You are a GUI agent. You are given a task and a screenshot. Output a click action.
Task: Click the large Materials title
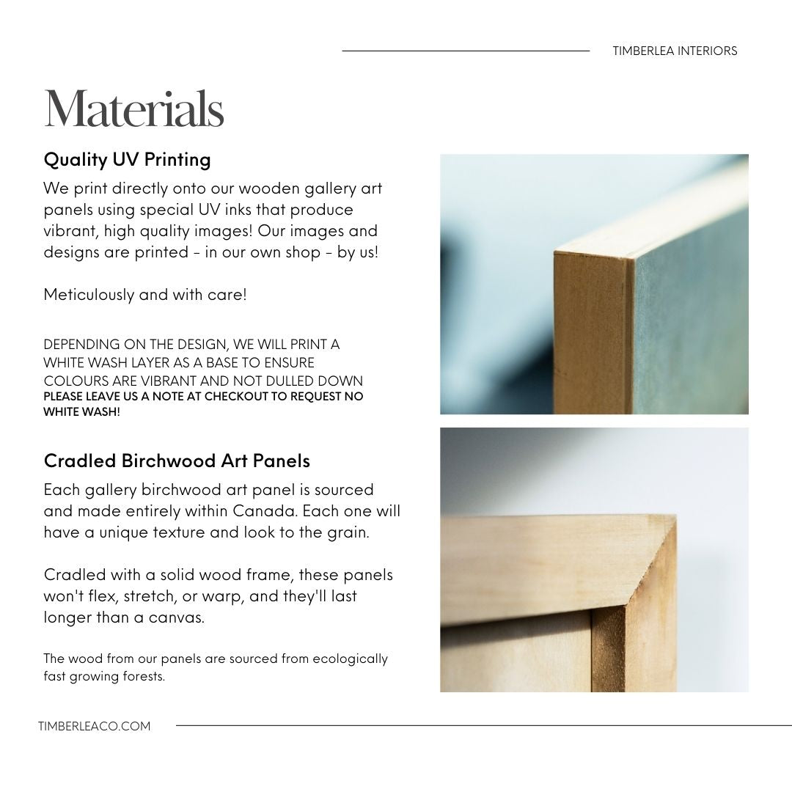pyautogui.click(x=133, y=109)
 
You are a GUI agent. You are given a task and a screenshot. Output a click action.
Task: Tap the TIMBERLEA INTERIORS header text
pyautogui.click(x=675, y=51)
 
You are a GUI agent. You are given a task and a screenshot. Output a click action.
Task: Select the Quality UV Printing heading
pyautogui.click(x=127, y=159)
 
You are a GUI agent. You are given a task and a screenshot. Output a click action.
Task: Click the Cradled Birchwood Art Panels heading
pyautogui.click(x=177, y=461)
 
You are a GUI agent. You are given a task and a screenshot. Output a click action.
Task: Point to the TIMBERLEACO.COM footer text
pyautogui.click(x=94, y=726)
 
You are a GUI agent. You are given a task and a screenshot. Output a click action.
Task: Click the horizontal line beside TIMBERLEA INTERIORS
pyautogui.click(x=466, y=51)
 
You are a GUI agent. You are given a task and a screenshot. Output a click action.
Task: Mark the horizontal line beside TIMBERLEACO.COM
pyautogui.click(x=484, y=726)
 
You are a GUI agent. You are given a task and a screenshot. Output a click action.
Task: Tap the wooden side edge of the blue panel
pyautogui.click(x=590, y=330)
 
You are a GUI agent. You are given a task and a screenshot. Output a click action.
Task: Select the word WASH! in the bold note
pyautogui.click(x=103, y=411)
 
